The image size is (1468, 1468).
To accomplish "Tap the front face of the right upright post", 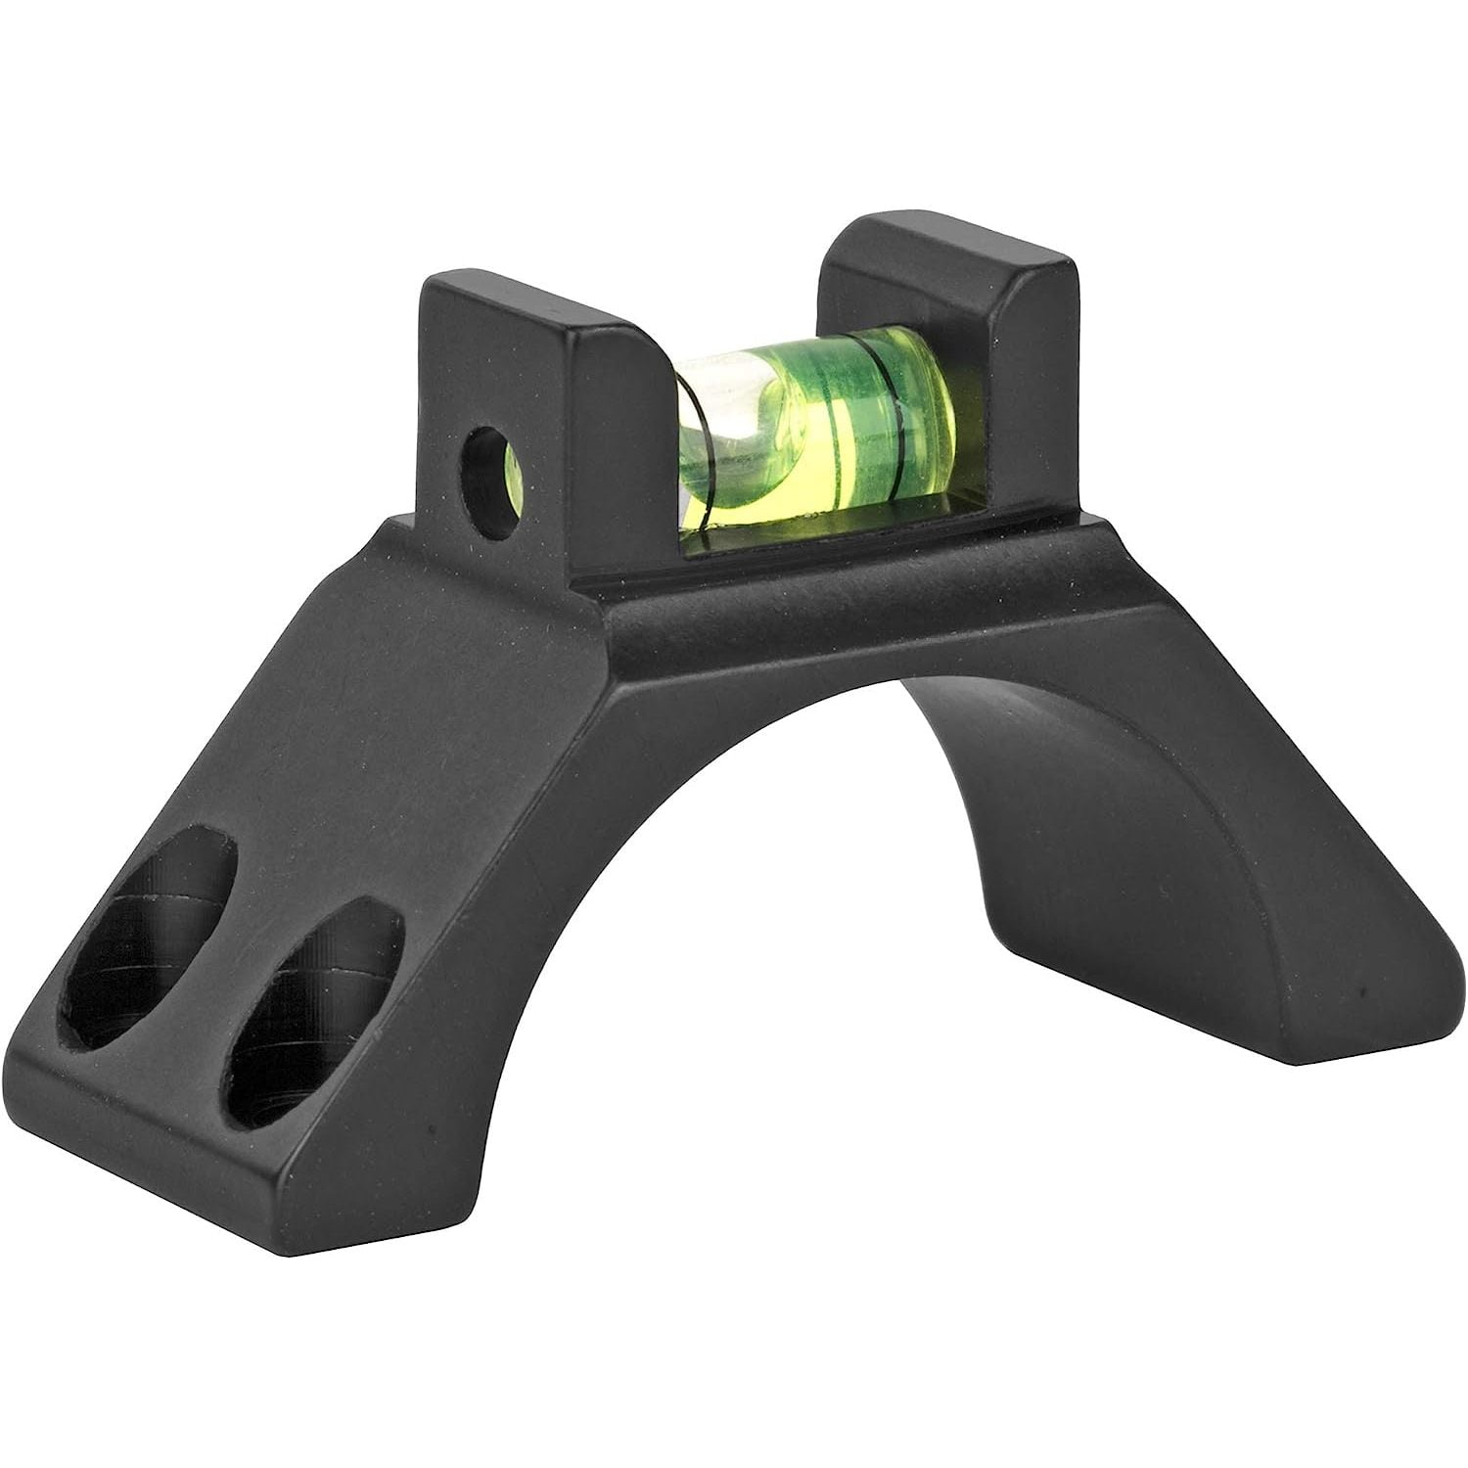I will pos(1028,372).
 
